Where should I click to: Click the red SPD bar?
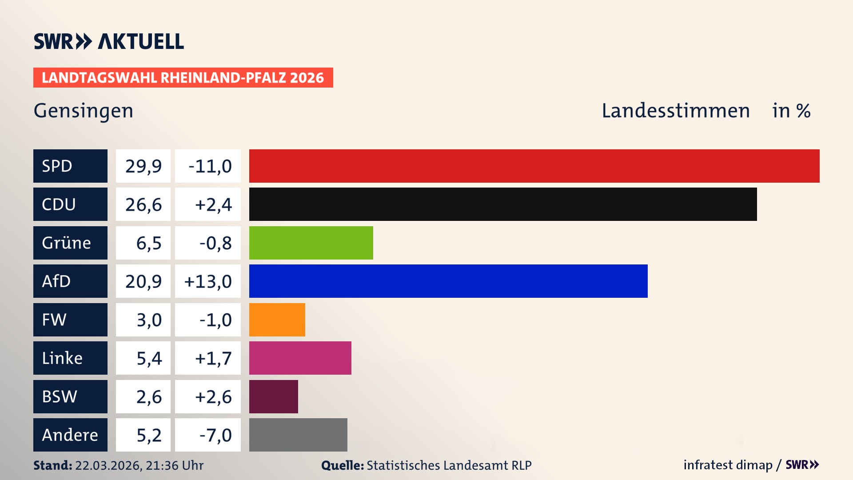pos(534,166)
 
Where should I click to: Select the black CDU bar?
pos(503,204)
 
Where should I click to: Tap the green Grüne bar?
pos(311,243)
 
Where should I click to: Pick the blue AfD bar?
pos(448,281)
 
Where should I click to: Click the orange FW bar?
pos(277,320)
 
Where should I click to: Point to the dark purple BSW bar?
pos(274,396)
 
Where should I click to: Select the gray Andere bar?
pos(298,435)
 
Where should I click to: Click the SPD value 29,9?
pos(143,166)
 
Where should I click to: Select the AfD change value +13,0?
pos(208,281)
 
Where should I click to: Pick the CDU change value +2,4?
pos(213,204)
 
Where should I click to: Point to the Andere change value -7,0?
pos(215,435)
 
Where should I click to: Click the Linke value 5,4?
pos(149,358)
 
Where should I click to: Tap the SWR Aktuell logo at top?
pos(109,41)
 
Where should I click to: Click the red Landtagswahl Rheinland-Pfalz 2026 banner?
pos(183,78)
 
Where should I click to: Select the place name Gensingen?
pos(84,111)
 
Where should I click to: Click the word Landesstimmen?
pos(675,111)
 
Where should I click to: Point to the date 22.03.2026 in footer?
pos(108,465)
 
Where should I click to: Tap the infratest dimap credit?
pos(728,465)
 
